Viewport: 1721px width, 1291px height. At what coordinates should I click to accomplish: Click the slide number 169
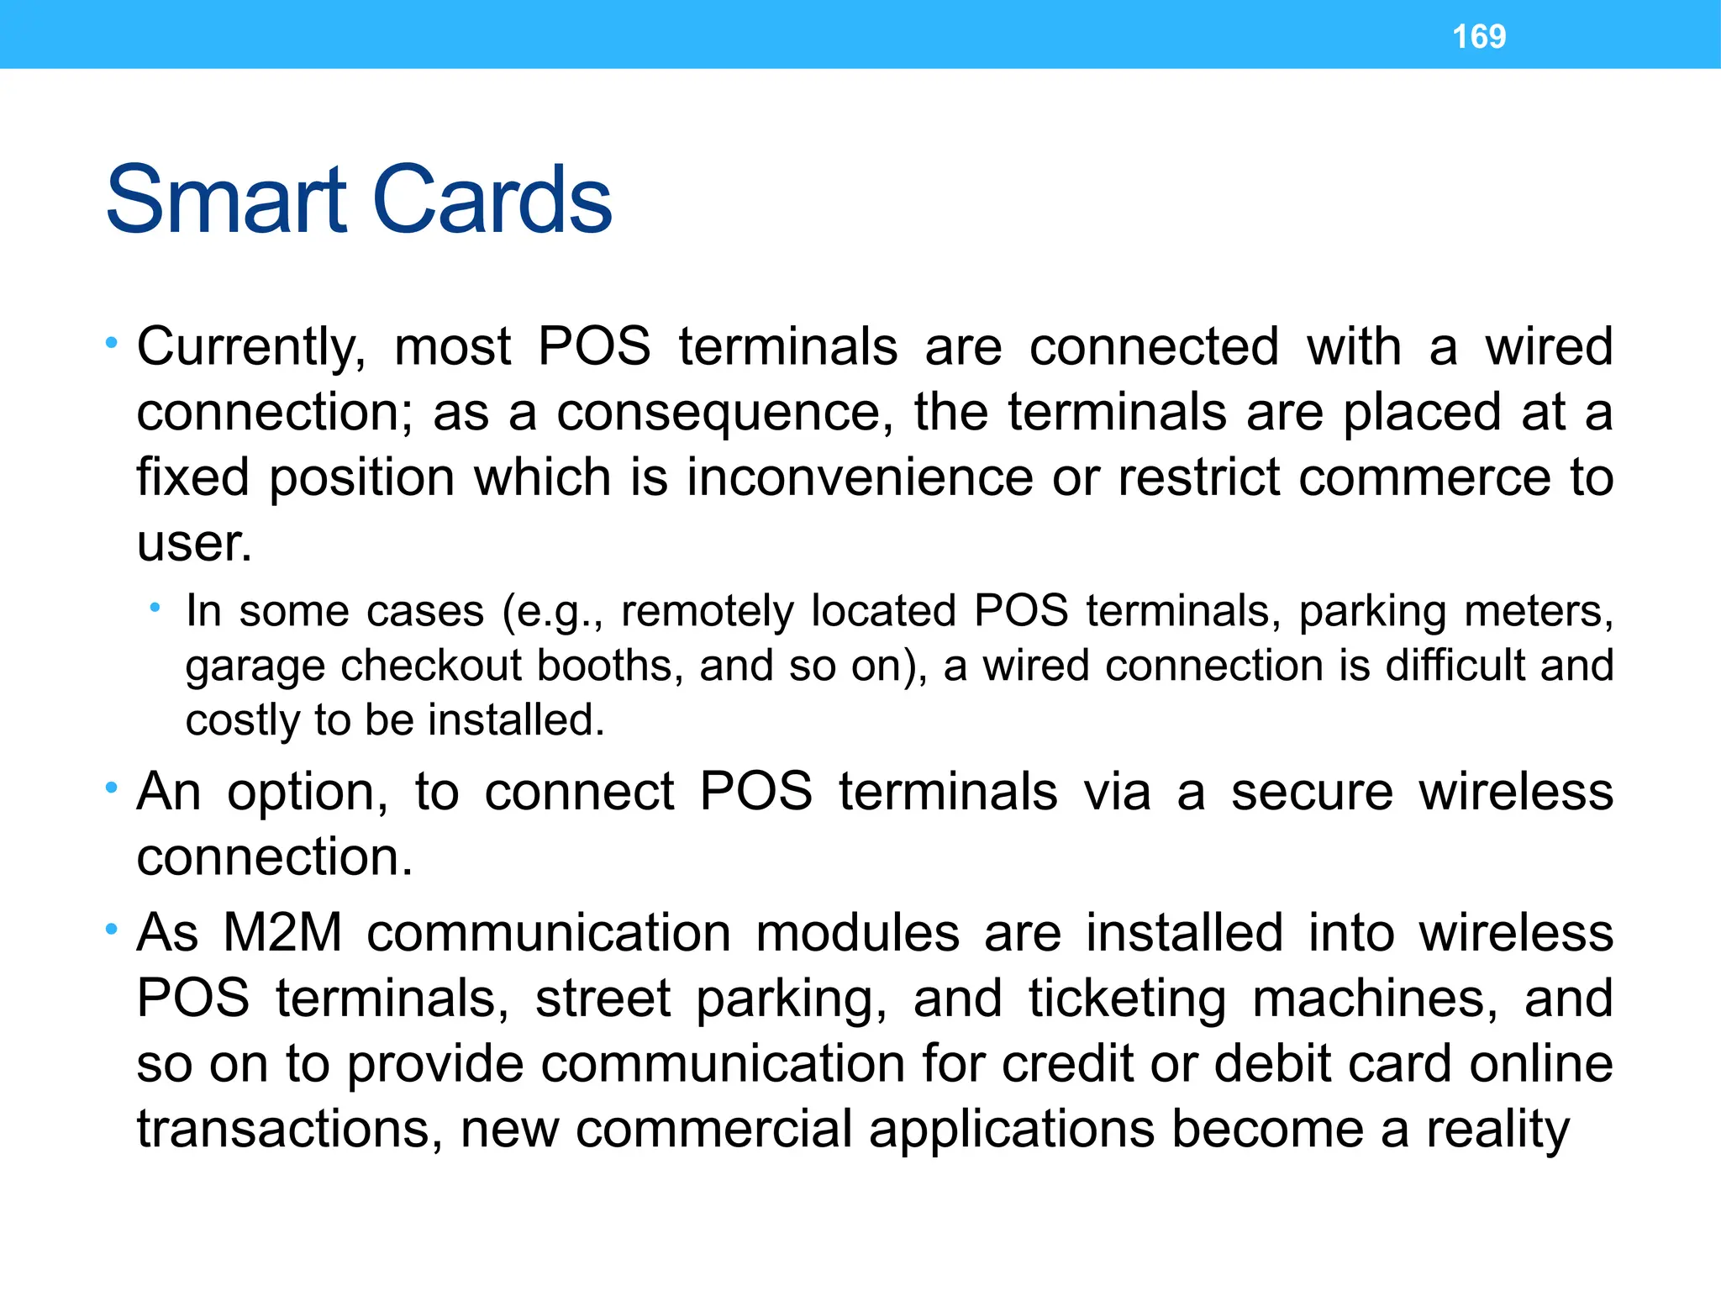(x=1479, y=36)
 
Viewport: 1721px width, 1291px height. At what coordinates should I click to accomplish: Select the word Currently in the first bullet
(x=251, y=348)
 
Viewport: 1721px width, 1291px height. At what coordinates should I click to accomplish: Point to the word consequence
(x=725, y=414)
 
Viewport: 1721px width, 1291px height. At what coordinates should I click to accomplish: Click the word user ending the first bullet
(x=193, y=543)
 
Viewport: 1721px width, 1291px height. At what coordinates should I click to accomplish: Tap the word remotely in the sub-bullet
(x=707, y=611)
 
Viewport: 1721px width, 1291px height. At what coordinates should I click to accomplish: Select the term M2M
(x=282, y=933)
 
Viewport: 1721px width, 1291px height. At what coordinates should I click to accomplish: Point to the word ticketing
(x=1127, y=1000)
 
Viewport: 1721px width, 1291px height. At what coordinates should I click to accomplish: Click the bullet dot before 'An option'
(x=111, y=788)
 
